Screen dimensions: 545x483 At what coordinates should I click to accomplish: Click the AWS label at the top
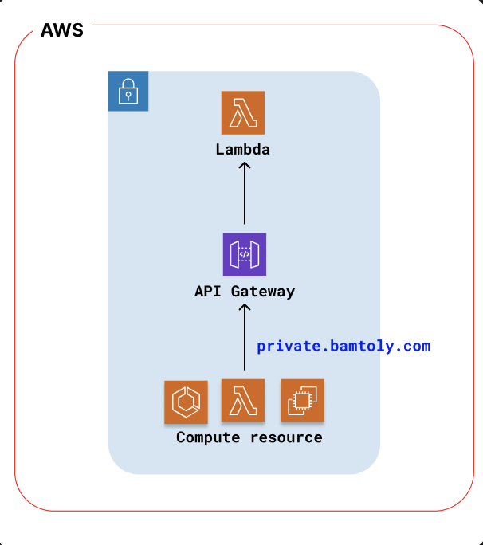61,32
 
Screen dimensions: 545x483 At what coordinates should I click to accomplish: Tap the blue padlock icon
128,92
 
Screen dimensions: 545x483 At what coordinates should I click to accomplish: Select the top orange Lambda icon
243,113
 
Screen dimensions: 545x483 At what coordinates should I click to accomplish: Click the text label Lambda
243,149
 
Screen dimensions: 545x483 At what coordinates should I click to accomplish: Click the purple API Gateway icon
244,254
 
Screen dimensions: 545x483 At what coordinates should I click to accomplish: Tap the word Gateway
263,292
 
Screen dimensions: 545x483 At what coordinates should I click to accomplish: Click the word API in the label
208,292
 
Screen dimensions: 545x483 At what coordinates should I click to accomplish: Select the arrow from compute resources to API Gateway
245,339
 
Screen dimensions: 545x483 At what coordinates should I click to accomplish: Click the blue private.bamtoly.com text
344,346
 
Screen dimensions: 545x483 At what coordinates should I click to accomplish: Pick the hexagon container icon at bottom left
186,402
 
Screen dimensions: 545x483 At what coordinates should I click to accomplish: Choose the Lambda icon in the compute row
242,401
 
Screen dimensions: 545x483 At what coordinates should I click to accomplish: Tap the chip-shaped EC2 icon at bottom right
302,401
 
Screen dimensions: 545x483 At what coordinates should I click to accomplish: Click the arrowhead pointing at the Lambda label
245,165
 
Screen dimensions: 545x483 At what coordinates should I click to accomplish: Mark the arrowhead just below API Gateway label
245,308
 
